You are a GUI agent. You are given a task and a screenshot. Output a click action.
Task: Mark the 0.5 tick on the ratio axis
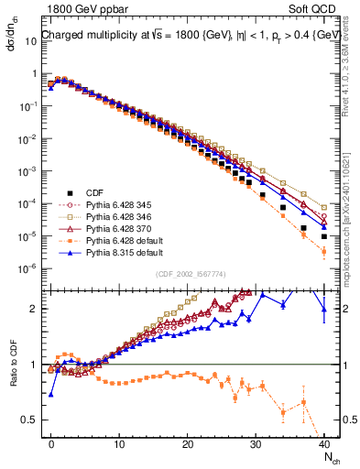(31, 420)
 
